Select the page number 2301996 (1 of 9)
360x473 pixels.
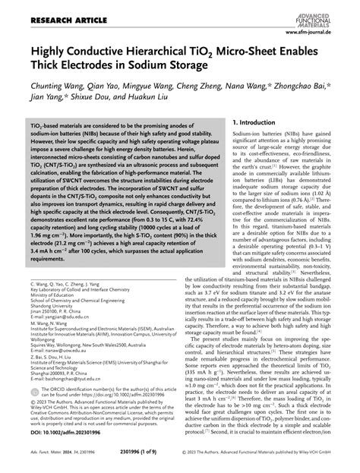coord(179,459)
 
